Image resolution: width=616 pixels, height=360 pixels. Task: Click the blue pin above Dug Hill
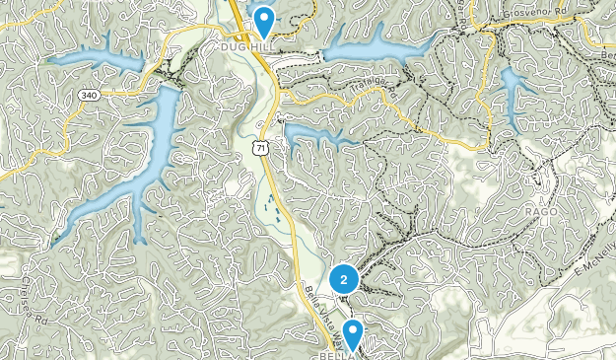(x=263, y=19)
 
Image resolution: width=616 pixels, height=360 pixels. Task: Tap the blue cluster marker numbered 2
(x=343, y=280)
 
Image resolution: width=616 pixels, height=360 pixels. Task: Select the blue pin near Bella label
(x=352, y=333)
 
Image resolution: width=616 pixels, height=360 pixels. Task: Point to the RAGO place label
(x=541, y=211)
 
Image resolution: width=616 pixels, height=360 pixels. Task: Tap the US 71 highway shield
(x=258, y=148)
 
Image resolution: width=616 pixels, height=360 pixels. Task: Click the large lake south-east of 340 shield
(x=138, y=168)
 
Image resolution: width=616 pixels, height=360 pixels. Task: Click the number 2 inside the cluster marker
(x=343, y=280)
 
